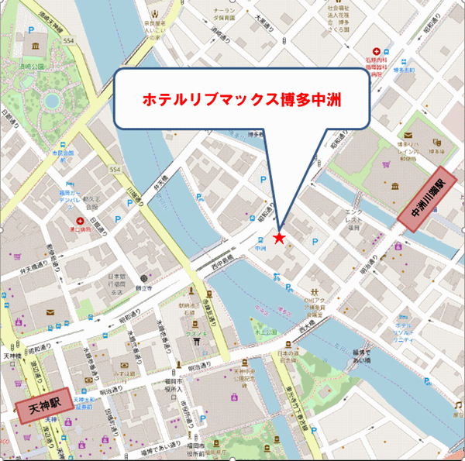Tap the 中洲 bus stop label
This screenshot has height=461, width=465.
coord(261,249)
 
